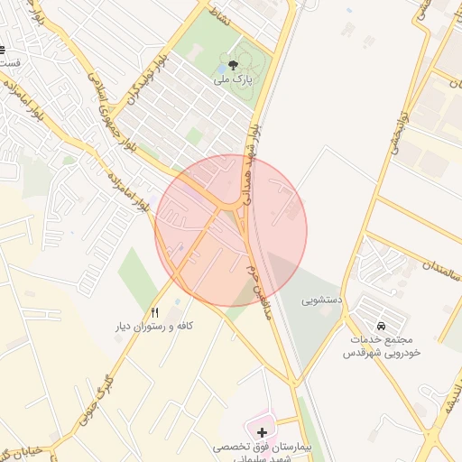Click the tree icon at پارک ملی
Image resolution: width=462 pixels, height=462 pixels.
[x=234, y=64]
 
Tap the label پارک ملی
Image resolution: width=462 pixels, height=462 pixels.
[x=232, y=79]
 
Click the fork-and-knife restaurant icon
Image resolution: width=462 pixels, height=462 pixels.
[x=154, y=311]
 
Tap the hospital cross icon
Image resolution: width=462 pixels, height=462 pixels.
[x=263, y=432]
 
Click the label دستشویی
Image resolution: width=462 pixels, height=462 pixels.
[x=320, y=297]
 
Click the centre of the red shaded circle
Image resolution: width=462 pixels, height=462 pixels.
[x=231, y=230]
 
